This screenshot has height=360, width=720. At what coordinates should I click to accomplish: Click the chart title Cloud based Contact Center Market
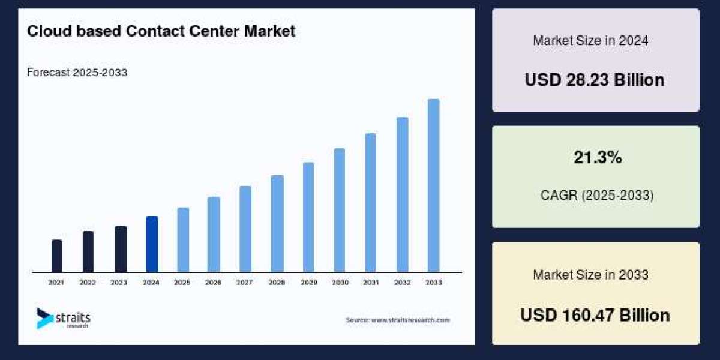pos(161,31)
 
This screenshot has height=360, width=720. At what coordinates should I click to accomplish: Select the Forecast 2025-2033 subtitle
pos(77,73)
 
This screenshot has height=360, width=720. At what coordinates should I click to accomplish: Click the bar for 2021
pos(57,256)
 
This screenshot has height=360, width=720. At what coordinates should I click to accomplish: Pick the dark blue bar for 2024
pos(152,244)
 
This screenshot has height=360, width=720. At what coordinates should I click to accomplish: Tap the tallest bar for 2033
pos(433,185)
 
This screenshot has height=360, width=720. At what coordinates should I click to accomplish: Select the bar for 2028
pos(277,223)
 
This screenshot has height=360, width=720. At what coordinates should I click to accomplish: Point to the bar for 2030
pos(340,210)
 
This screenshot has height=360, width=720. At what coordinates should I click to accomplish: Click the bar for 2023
pos(121,249)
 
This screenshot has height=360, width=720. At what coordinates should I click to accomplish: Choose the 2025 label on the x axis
pos(182,282)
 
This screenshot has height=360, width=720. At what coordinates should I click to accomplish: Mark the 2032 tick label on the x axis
pos(402,282)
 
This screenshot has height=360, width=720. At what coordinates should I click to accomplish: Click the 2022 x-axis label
pos(88,282)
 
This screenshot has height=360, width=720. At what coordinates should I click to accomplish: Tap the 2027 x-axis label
pos(245,282)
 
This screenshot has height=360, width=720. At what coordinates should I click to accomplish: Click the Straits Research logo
pos(63,318)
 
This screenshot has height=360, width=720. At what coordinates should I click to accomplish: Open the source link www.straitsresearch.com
pos(397,320)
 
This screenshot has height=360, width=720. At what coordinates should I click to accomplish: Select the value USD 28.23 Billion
pos(595,80)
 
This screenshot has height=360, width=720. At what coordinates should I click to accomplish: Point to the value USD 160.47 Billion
pos(595,315)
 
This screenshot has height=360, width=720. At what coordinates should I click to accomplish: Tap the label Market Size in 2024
pos(590,41)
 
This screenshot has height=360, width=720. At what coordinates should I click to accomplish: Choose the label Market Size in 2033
pos(590,275)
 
